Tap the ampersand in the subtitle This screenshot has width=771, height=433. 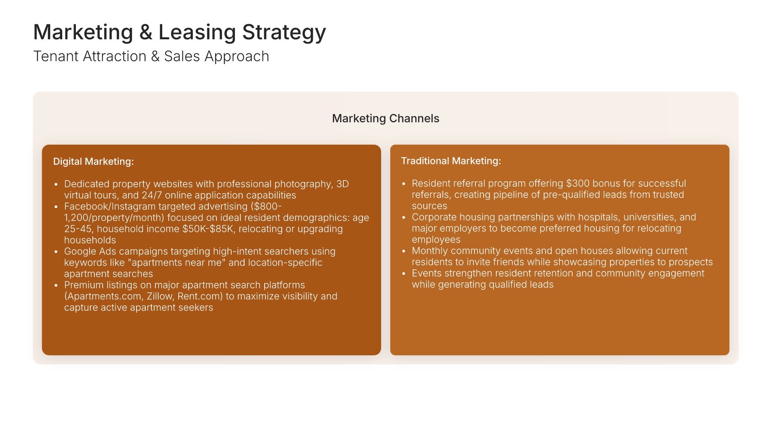pos(155,57)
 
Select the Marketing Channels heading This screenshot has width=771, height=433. pos(385,119)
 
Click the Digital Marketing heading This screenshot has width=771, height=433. pos(94,162)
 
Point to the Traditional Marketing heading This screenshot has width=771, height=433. pos(451,161)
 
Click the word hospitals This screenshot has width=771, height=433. pos(598,217)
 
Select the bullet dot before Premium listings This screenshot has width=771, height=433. pos(56,285)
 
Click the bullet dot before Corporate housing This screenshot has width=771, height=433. pos(404,218)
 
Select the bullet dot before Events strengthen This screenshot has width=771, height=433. pos(404,274)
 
